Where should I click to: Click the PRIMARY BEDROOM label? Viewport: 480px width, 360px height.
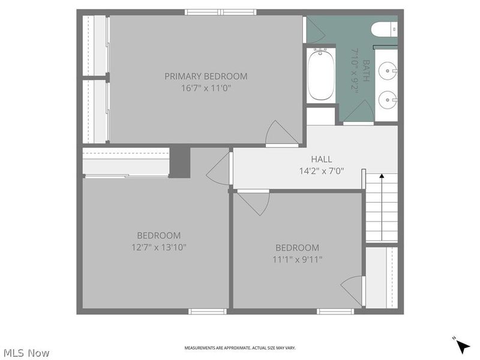click(x=206, y=76)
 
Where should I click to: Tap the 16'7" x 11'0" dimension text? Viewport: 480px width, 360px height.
click(x=206, y=88)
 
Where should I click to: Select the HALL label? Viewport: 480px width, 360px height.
click(x=321, y=159)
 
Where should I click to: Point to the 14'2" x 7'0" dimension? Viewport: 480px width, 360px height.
click(x=321, y=170)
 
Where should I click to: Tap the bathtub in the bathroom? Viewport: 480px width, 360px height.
click(x=321, y=74)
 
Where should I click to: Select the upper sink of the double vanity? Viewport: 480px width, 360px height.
click(x=389, y=71)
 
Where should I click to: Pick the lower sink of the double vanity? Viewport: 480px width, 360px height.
click(x=389, y=96)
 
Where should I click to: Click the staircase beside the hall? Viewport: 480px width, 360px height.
click(x=382, y=207)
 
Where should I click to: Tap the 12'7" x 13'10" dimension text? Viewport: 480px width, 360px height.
click(x=158, y=247)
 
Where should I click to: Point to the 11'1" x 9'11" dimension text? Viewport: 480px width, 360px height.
click(x=297, y=259)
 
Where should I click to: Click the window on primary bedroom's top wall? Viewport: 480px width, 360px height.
click(x=221, y=12)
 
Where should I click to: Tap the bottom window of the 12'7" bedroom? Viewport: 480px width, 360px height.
click(x=208, y=311)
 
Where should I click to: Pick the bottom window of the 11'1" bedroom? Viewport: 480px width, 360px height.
click(x=335, y=311)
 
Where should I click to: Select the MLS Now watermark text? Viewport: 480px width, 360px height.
click(x=26, y=353)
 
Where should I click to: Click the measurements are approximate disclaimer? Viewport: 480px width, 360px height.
click(x=239, y=348)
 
